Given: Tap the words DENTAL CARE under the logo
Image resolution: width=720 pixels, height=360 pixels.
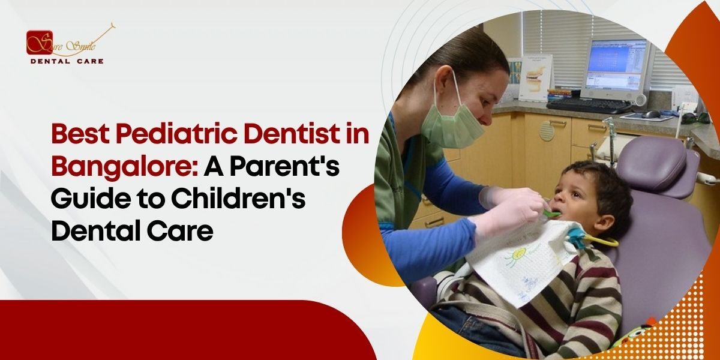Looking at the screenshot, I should pyautogui.click(x=67, y=61).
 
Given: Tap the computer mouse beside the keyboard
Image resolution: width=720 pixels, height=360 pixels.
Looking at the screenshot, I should pyautogui.click(x=651, y=113).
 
